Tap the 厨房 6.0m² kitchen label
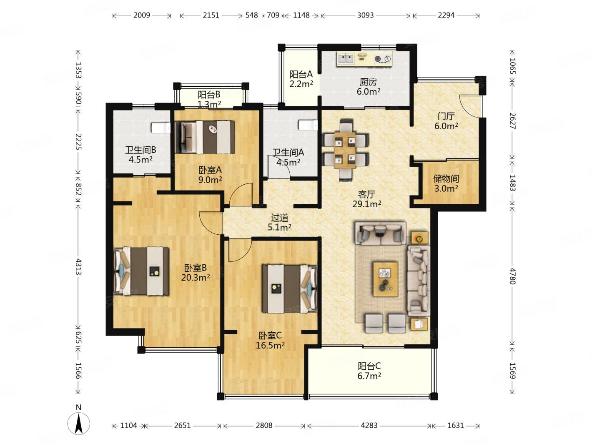pos(368,87)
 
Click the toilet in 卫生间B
pos(161,128)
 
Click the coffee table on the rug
pos(385,279)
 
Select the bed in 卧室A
pos(205,138)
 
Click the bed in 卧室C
pos(290,289)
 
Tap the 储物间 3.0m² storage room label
pos(446,183)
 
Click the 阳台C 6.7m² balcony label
pos(369,371)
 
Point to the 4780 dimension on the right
pos(512,276)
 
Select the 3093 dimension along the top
pos(366,15)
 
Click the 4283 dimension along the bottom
pos(369,426)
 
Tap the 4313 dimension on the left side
pos(78,267)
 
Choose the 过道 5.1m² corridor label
pos(279,222)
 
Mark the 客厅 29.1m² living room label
pos(366,199)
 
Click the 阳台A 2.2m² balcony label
pos(301,79)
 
